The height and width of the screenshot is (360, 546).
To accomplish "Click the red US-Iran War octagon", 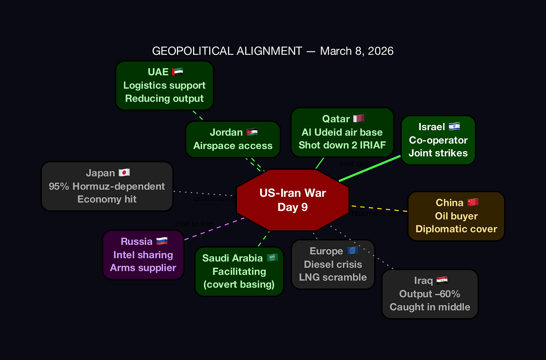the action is (x=292, y=200).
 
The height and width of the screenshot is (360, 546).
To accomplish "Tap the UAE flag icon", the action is (x=177, y=72).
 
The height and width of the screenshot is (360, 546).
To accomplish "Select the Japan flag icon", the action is (x=124, y=172).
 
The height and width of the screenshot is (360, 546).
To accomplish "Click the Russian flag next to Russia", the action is (x=162, y=241).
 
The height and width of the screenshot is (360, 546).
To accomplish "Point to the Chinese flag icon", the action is (x=472, y=202).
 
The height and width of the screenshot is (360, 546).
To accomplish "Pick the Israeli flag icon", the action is (x=454, y=126).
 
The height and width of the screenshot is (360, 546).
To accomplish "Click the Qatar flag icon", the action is (x=358, y=118).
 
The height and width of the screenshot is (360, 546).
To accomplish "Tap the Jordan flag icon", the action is (x=252, y=132).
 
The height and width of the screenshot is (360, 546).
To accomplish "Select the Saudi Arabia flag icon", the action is (x=272, y=258).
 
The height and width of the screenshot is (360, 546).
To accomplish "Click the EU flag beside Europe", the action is (x=352, y=250).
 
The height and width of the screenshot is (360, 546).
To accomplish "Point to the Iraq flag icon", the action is (x=442, y=280).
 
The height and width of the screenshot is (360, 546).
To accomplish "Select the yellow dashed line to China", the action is (x=379, y=208).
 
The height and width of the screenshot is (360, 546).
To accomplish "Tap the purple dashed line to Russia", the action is (x=214, y=228).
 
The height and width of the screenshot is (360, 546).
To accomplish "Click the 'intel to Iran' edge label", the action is (x=194, y=224).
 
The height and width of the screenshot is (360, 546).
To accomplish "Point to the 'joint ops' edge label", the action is (x=354, y=163).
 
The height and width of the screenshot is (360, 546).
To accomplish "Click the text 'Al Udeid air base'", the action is (x=342, y=132).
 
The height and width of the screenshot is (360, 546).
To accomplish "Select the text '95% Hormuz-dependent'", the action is (x=107, y=186).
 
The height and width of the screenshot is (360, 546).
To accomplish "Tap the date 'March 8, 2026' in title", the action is (x=357, y=51).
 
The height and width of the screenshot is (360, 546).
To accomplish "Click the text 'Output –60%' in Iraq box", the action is (x=429, y=294).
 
